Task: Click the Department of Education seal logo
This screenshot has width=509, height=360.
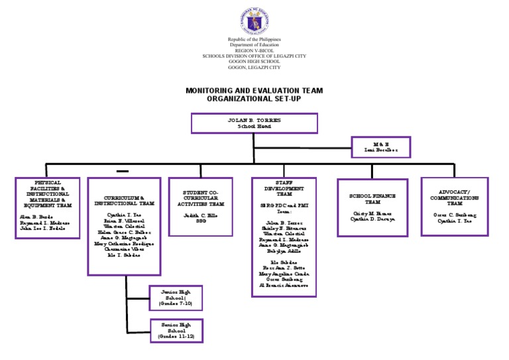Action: point(254,20)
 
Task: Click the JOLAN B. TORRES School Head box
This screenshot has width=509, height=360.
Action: point(254,123)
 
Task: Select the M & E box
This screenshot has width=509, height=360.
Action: point(380,147)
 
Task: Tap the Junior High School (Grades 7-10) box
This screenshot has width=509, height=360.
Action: point(171,298)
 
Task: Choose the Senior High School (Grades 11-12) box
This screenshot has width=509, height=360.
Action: point(171,331)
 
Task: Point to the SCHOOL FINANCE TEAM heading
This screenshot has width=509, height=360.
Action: point(372,200)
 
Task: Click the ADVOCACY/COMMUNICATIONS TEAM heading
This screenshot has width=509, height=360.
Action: point(455,198)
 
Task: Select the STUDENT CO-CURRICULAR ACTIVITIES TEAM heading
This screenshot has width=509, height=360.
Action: point(199,199)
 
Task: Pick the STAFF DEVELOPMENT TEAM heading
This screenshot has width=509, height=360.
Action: point(284,188)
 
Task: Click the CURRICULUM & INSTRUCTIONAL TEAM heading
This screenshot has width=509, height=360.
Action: point(124,200)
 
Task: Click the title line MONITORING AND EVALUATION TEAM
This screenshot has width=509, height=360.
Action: point(254,90)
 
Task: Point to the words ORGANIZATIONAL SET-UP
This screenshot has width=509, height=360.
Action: point(254,98)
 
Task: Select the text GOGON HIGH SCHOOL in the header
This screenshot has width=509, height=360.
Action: point(254,61)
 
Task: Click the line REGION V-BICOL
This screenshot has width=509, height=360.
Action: point(254,50)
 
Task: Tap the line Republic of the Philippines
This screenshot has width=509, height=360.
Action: point(254,40)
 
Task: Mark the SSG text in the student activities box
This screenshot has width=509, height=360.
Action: point(199,221)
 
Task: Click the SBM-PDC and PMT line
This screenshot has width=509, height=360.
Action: point(284,206)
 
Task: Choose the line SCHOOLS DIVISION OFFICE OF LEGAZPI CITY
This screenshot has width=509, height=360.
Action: point(254,56)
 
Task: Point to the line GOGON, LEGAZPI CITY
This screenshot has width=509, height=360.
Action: point(254,67)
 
